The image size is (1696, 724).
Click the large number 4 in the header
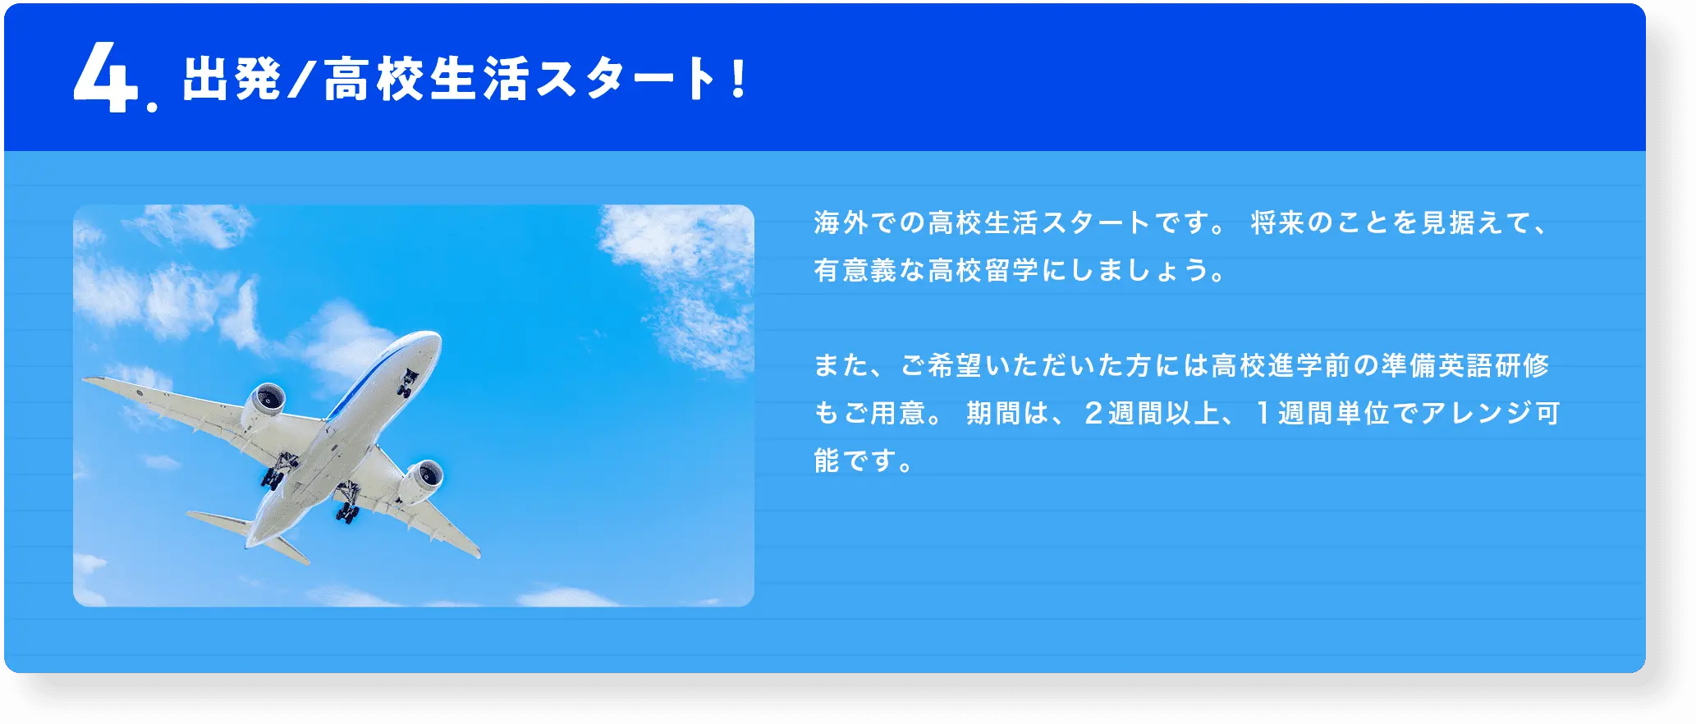tap(104, 80)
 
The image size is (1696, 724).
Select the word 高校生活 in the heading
tap(426, 80)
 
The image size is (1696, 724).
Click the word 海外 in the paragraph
tap(841, 222)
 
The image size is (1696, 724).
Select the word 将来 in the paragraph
tap(1277, 222)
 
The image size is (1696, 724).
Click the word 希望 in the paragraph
tap(955, 365)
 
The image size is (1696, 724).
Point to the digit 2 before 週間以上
tap(1093, 413)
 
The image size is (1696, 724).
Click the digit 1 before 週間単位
tap(1263, 413)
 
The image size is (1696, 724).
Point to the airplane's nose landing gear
tap(408, 383)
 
